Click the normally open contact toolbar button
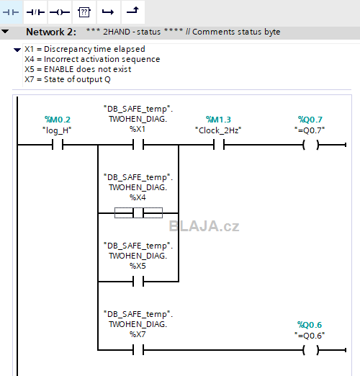pyautogui.click(x=11, y=12)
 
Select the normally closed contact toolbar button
pyautogui.click(x=35, y=12)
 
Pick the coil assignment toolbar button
pyautogui.click(x=60, y=12)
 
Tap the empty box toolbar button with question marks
pyautogui.click(x=84, y=12)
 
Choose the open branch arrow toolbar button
pyautogui.click(x=109, y=12)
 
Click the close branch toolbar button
pyautogui.click(x=133, y=12)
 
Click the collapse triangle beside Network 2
pyautogui.click(x=5, y=32)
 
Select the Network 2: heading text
pyautogui.click(x=51, y=32)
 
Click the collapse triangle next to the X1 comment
pyautogui.click(x=17, y=50)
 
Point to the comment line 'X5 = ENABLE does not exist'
pyautogui.click(x=78, y=69)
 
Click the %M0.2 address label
pyautogui.click(x=58, y=120)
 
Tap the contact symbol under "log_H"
pyautogui.click(x=58, y=145)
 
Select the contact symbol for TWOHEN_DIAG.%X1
pyautogui.click(x=138, y=145)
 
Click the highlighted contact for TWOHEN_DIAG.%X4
pyautogui.click(x=138, y=213)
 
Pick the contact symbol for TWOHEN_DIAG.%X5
pyautogui.click(x=138, y=281)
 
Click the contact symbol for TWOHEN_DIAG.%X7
pyautogui.click(x=138, y=349)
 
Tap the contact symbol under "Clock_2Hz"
pyautogui.click(x=219, y=145)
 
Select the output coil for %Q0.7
pyautogui.click(x=311, y=145)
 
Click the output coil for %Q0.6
pyautogui.click(x=311, y=350)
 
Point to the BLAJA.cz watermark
pyautogui.click(x=204, y=226)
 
